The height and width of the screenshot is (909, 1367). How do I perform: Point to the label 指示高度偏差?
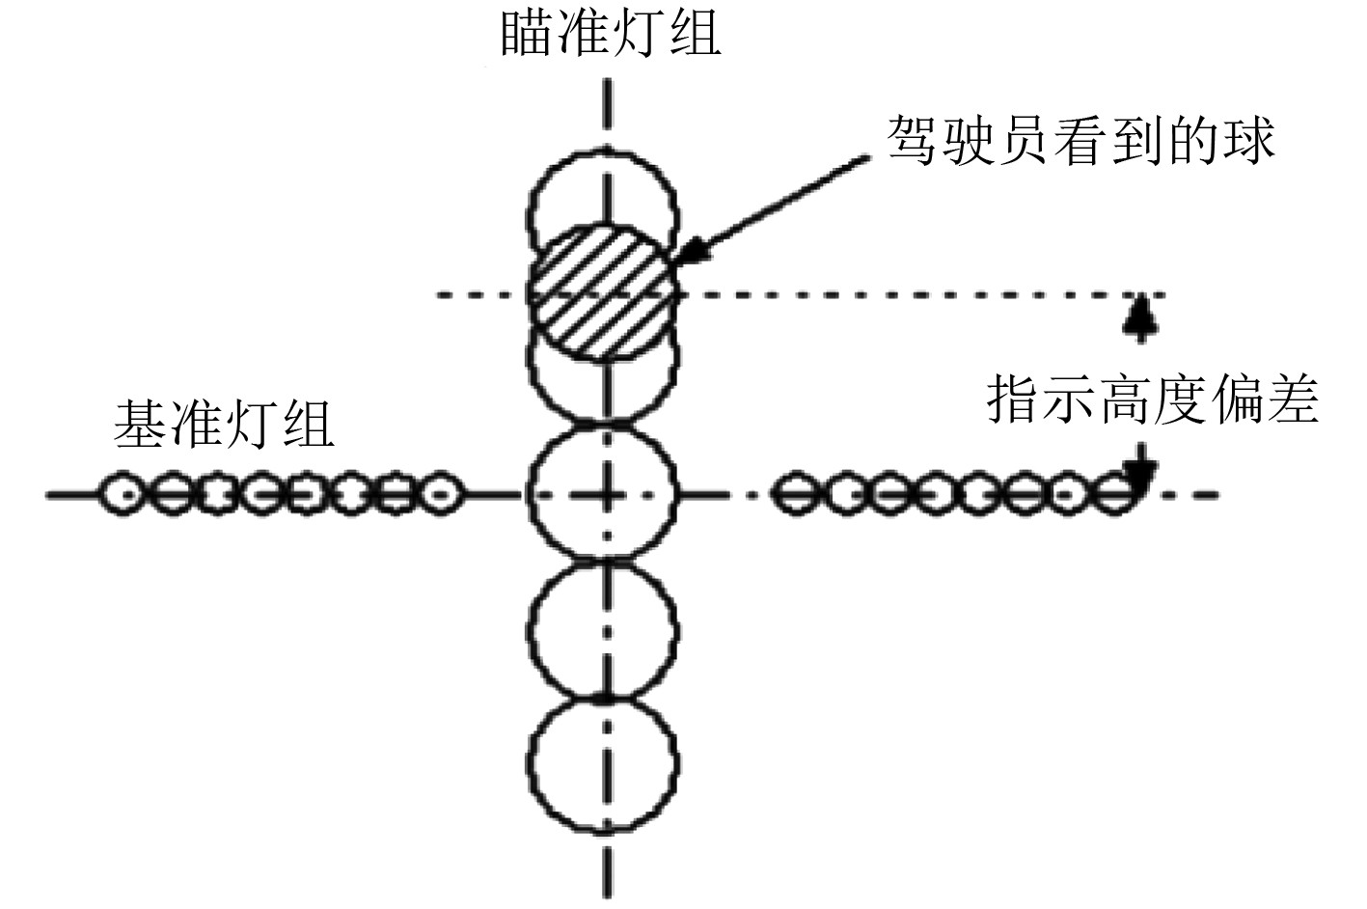pyautogui.click(x=1152, y=399)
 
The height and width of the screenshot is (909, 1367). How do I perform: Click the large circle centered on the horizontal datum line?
pyautogui.click(x=605, y=495)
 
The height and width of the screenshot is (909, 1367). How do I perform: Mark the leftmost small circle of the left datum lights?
pyautogui.click(x=123, y=494)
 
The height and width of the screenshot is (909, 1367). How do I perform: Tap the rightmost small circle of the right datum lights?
pyautogui.click(x=1116, y=495)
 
